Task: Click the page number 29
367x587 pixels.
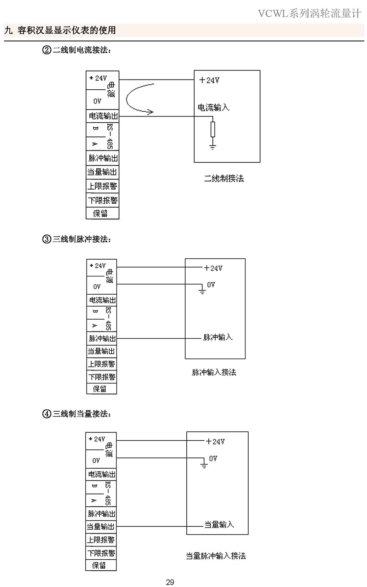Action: pyautogui.click(x=170, y=582)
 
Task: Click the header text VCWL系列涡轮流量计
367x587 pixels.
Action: pyautogui.click(x=310, y=14)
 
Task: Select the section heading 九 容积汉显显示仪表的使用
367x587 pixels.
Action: pyautogui.click(x=60, y=30)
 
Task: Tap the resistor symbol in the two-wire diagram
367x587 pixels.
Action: pyautogui.click(x=212, y=129)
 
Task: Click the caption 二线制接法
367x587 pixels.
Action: pyautogui.click(x=224, y=179)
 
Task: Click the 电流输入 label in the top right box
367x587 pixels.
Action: pyautogui.click(x=213, y=107)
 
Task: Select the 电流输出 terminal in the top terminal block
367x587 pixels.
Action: pyautogui.click(x=103, y=116)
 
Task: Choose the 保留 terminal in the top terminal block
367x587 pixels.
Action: pyautogui.click(x=100, y=213)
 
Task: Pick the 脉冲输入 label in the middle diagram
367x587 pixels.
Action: pyautogui.click(x=218, y=337)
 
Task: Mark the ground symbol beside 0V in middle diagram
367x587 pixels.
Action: pyautogui.click(x=201, y=291)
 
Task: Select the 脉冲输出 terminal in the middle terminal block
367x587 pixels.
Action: pyautogui.click(x=102, y=338)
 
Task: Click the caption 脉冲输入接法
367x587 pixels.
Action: pyautogui.click(x=214, y=372)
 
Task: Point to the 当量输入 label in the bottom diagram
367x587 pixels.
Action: pyautogui.click(x=219, y=525)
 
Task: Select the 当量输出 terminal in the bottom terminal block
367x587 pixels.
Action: pyautogui.click(x=101, y=527)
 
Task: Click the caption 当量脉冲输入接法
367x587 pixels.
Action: pyautogui.click(x=216, y=556)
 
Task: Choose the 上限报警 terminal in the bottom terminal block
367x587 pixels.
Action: pyautogui.click(x=101, y=540)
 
